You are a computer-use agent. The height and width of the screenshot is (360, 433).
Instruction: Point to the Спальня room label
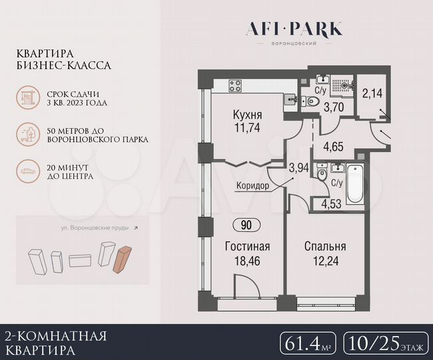324,246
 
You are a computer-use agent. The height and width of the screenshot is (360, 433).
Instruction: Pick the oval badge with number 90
246,226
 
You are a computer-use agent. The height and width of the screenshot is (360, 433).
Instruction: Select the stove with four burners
235,85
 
